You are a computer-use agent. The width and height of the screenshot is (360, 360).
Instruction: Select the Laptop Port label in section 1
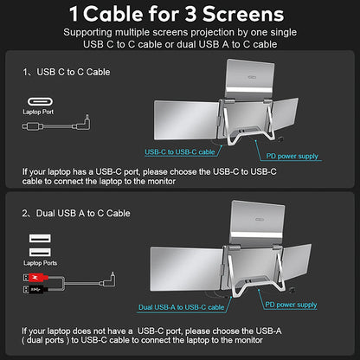point(36,112)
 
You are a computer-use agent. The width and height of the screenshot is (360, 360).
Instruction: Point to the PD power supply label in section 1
point(292,157)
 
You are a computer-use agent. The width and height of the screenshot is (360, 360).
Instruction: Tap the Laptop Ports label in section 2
point(39,261)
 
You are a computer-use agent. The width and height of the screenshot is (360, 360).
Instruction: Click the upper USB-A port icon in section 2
point(38,238)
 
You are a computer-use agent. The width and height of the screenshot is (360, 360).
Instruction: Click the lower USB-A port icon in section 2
point(38,251)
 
